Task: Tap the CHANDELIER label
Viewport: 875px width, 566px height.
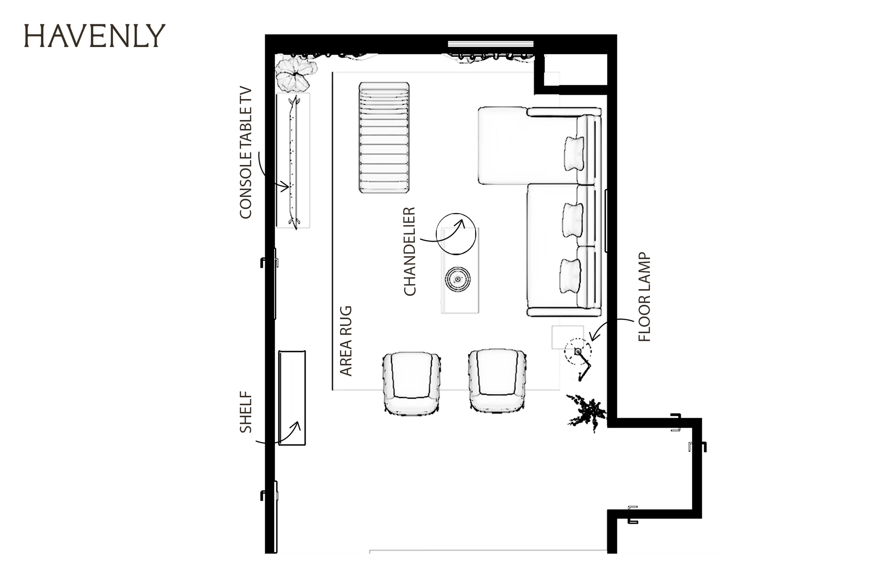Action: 410,251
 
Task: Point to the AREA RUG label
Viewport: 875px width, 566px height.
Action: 346,341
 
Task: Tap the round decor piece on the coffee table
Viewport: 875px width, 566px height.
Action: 458,279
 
